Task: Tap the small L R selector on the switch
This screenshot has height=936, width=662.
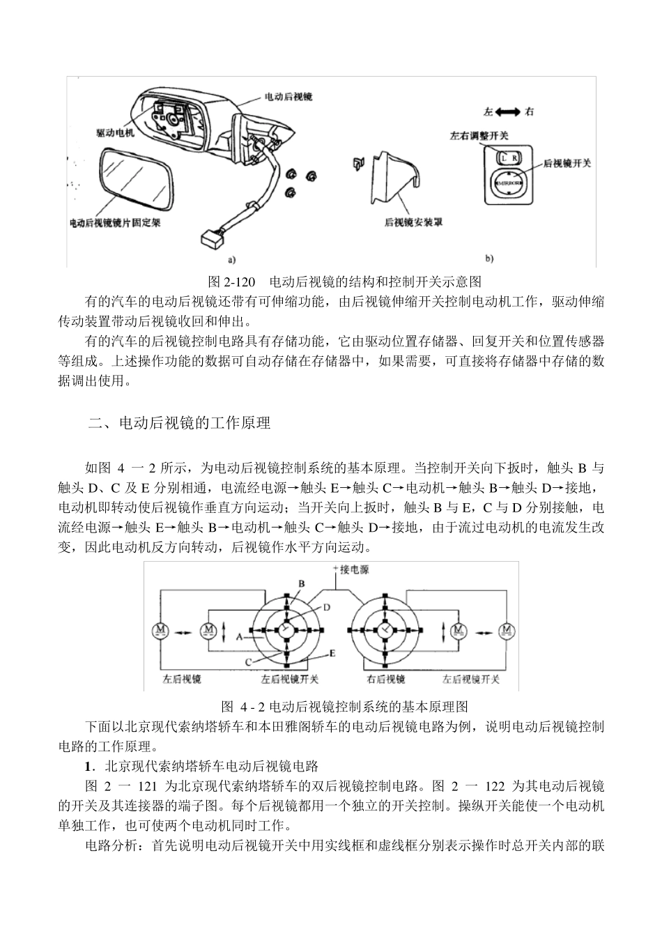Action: click(x=508, y=158)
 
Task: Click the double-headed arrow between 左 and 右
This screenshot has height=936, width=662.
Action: click(x=508, y=112)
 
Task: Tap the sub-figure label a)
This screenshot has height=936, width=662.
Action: click(x=231, y=259)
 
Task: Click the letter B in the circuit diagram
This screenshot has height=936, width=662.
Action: click(x=302, y=583)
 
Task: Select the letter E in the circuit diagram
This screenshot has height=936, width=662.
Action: click(x=332, y=654)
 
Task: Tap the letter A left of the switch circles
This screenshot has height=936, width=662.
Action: click(x=239, y=636)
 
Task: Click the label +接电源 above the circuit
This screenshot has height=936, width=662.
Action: click(x=351, y=569)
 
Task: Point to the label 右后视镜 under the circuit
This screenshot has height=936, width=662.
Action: click(x=385, y=679)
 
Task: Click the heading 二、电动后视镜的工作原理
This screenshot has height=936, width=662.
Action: click(x=180, y=423)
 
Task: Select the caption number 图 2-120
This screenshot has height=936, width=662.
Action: click(x=233, y=282)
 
